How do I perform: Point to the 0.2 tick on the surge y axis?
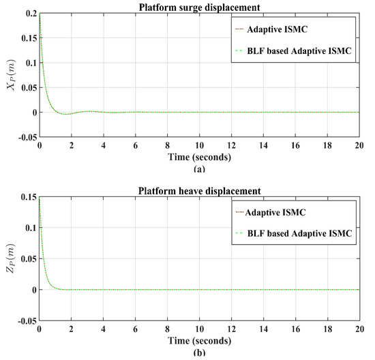pos(30,14)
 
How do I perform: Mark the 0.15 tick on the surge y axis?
pos(27,38)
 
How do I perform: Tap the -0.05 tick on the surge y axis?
pos(25,137)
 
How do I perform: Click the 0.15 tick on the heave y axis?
pos(27,197)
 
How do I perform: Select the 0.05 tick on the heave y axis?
pos(27,259)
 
